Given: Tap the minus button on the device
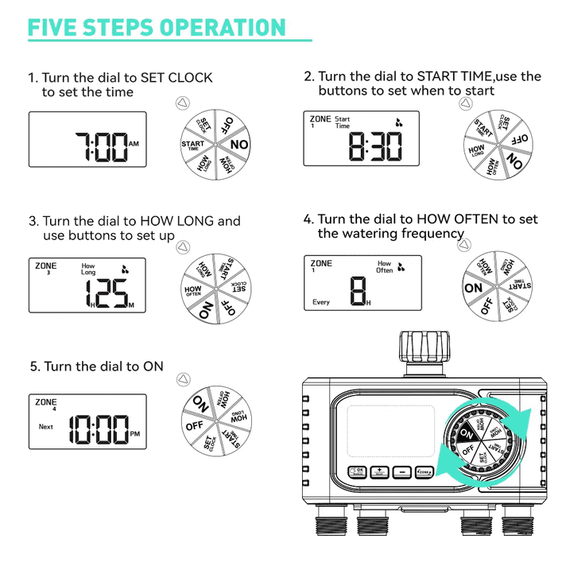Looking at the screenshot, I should click(401, 472).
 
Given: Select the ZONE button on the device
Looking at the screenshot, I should click(424, 472).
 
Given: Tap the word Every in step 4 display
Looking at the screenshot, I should click(320, 302).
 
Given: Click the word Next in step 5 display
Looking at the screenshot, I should click(46, 427).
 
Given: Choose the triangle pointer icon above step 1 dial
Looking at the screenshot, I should click(181, 103).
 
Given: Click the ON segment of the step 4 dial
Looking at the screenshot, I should click(474, 288).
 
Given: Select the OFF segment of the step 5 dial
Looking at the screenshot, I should click(196, 425).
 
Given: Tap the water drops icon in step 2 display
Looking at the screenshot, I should click(399, 122).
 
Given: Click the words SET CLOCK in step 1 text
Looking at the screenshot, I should click(176, 78).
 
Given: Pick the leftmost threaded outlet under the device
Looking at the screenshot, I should click(326, 526).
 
